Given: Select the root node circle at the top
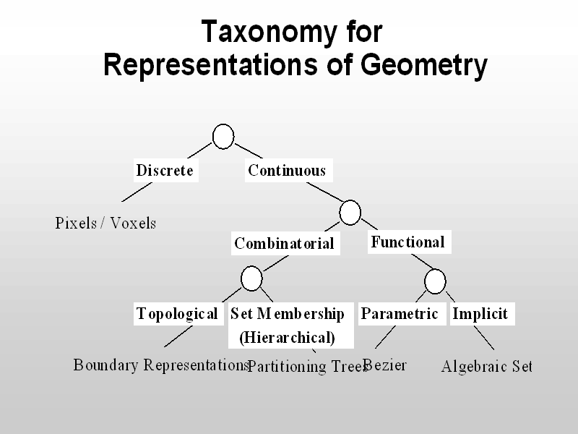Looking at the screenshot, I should tap(224, 136).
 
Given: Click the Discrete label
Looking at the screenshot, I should tap(165, 171).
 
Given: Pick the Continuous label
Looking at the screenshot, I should tap(287, 171).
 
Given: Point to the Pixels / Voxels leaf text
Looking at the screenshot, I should tap(105, 223).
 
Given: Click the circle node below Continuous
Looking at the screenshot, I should tap(350, 212).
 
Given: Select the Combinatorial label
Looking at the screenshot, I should tap(284, 244).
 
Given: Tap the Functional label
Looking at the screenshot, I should tap(408, 242).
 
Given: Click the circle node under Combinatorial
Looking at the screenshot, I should tap(251, 278).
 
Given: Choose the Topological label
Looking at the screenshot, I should tap(177, 314).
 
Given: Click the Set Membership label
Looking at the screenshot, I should tap(288, 314).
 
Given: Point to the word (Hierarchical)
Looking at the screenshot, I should tap(287, 337).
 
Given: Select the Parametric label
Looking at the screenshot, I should tap(400, 314).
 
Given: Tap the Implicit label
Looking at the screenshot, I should tap(480, 314).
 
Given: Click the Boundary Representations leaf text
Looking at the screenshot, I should tap(160, 365).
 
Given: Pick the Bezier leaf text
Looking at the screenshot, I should tap(386, 365).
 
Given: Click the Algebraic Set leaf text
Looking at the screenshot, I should tap(487, 367).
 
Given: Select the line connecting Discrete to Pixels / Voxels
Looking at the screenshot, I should tap(136, 191).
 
